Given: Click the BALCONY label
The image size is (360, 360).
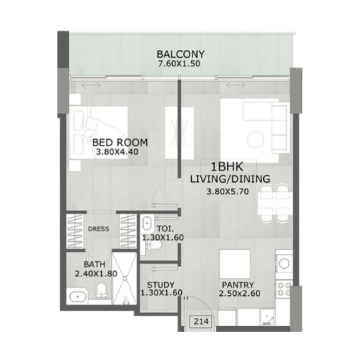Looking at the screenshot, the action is click(x=180, y=54).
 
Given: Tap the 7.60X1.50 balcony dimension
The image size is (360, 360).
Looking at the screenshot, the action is click(x=179, y=63).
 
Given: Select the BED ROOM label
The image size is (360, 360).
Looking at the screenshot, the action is click(x=120, y=143).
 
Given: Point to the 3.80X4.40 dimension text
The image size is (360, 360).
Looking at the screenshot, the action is click(x=117, y=152).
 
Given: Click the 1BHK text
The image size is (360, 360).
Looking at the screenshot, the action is click(x=227, y=166).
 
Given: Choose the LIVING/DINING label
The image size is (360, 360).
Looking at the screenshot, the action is click(x=230, y=179).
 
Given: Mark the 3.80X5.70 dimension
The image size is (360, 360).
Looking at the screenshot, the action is click(x=228, y=192).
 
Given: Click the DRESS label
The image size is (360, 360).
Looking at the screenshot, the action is click(x=99, y=229).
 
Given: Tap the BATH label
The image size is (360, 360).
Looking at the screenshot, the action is click(x=94, y=265).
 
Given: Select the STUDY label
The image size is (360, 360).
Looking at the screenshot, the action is click(x=161, y=285).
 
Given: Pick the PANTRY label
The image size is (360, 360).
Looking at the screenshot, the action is click(x=238, y=285).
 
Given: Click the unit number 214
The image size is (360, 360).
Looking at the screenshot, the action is click(x=201, y=321).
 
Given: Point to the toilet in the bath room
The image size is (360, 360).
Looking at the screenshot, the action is click(x=101, y=290).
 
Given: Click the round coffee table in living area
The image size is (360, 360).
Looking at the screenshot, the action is click(x=255, y=139).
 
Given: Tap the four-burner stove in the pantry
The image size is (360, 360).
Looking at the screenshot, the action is click(x=284, y=289).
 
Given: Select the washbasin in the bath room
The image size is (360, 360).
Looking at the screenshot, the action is click(x=78, y=297).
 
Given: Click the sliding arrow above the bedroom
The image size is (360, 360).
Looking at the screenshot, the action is click(x=91, y=85).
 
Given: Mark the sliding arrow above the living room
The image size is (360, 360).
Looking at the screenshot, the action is click(x=235, y=85).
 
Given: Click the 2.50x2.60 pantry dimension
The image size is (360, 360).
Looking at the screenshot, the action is click(x=239, y=293).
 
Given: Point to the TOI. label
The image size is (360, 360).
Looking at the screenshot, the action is click(x=165, y=229).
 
